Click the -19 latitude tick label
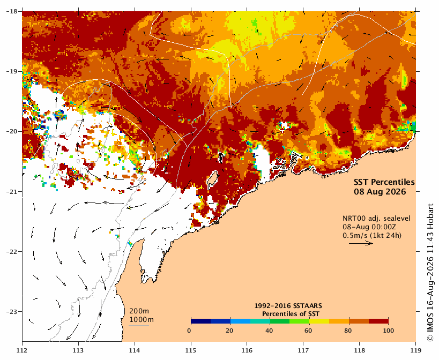tap(11, 71)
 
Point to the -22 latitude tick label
tap(11, 251)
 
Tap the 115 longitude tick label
tap(191, 350)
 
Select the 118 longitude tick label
tap(360, 350)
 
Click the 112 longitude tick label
tap(22, 350)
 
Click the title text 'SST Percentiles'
tap(384, 182)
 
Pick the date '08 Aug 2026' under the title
tap(380, 192)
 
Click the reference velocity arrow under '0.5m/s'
tap(361, 243)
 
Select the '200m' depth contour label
tap(139, 311)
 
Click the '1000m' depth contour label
tap(142, 320)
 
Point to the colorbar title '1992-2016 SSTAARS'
tap(288, 306)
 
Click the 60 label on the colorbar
tap(308, 331)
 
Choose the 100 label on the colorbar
tap(388, 331)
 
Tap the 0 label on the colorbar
tap(189, 331)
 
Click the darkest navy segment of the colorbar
tap(201, 321)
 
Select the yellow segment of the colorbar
tap(319, 321)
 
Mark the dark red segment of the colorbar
tap(378, 321)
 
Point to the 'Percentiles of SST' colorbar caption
tap(291, 314)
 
